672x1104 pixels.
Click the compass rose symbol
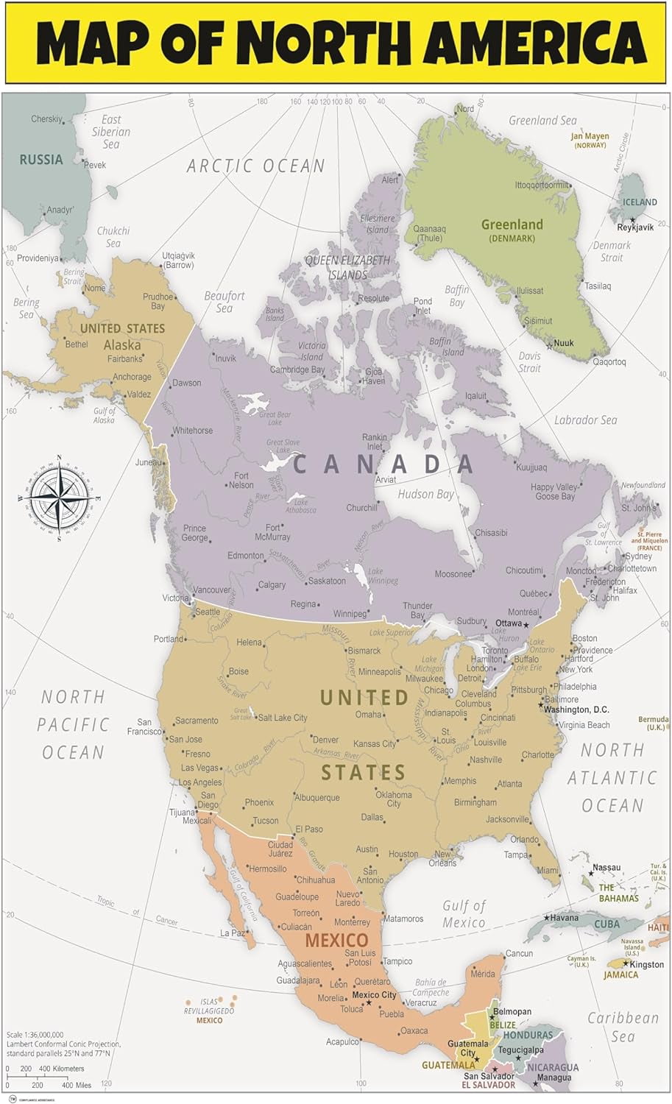(x=57, y=498)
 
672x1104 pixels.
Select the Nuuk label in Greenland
(x=563, y=343)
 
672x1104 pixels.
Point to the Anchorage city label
(x=132, y=377)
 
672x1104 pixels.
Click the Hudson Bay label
(x=425, y=494)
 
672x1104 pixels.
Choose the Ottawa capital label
(x=508, y=623)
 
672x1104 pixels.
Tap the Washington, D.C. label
(x=576, y=710)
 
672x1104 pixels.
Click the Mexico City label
(x=374, y=995)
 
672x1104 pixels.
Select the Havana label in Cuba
(x=565, y=918)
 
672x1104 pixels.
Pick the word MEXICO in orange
(x=336, y=940)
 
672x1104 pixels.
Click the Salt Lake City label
(x=282, y=718)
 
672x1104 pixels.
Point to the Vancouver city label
(x=212, y=590)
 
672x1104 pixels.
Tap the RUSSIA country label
(x=41, y=160)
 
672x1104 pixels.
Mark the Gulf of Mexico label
(x=464, y=914)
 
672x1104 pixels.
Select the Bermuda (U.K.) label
(x=653, y=723)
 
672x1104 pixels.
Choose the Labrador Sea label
(x=585, y=420)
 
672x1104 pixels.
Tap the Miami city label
(x=547, y=870)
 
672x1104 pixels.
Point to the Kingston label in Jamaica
(x=647, y=964)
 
